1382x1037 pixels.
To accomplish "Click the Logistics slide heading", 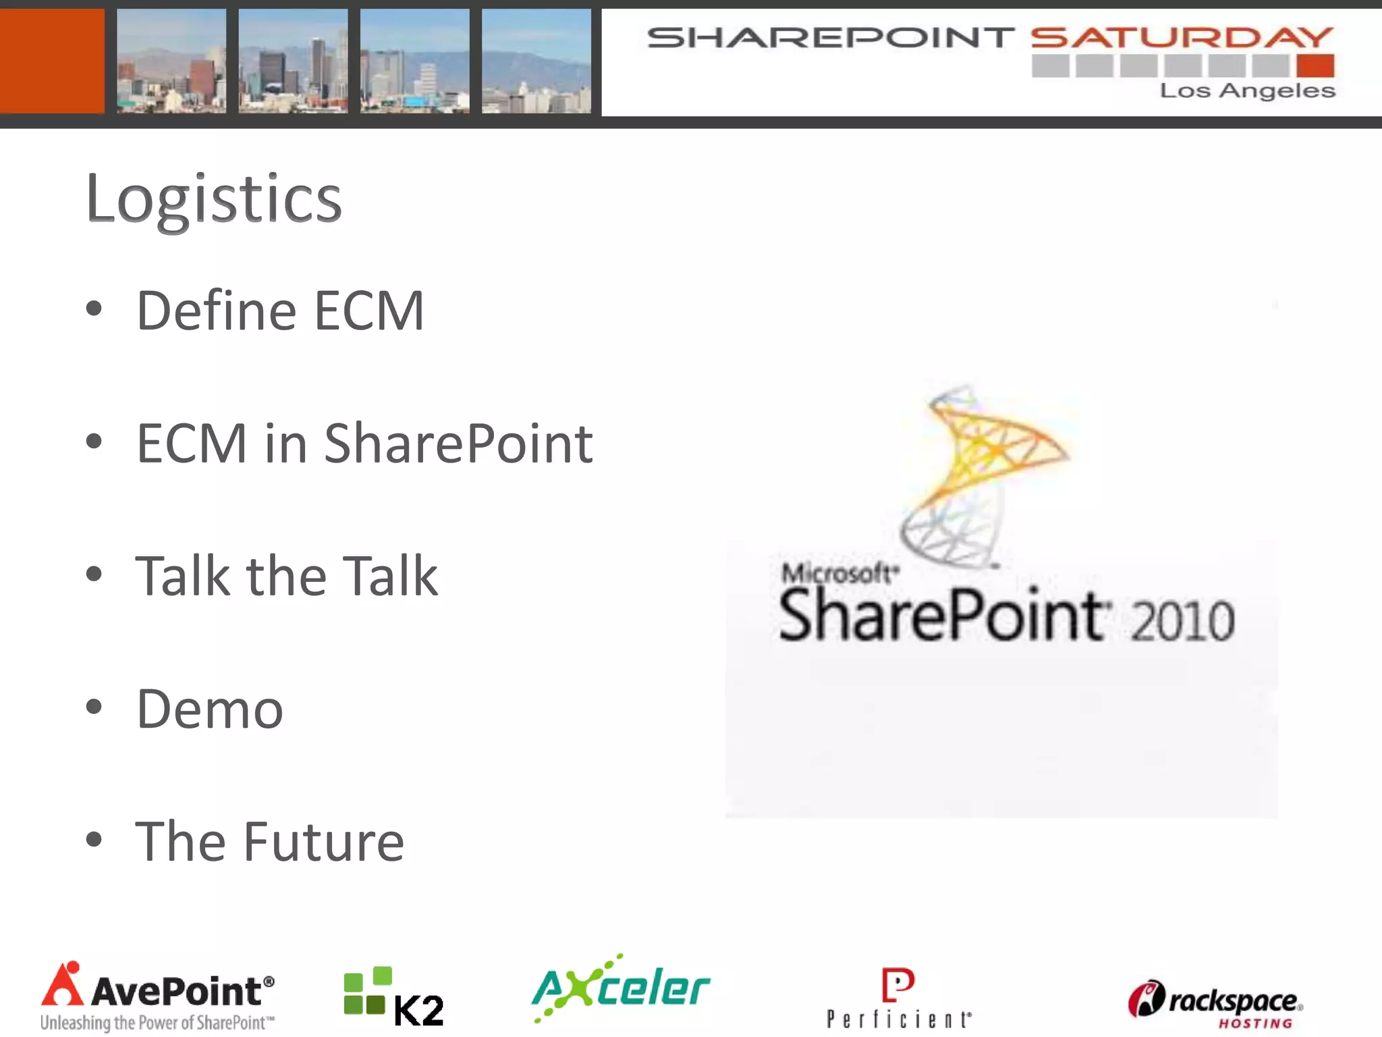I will pyautogui.click(x=213, y=198).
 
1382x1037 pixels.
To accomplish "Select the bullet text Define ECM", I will pyautogui.click(x=280, y=311).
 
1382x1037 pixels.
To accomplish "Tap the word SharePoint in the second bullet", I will pyautogui.click(x=458, y=444).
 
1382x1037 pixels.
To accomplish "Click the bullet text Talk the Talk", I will pyautogui.click(x=287, y=576).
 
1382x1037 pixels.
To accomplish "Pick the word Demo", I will pyautogui.click(x=210, y=709).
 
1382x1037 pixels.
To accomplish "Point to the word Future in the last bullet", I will pyautogui.click(x=323, y=842).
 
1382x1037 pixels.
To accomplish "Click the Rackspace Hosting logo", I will pyautogui.click(x=1215, y=1003).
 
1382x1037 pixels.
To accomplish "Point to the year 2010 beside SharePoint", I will pyautogui.click(x=1182, y=621).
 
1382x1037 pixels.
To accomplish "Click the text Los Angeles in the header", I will pyautogui.click(x=1247, y=90).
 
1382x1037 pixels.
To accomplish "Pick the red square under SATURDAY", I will pyautogui.click(x=1315, y=66).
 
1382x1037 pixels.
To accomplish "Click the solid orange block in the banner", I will pyautogui.click(x=51, y=61).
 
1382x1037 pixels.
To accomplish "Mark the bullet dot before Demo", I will pyautogui.click(x=94, y=707).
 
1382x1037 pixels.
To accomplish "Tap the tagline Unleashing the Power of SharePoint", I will pyautogui.click(x=157, y=1023).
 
